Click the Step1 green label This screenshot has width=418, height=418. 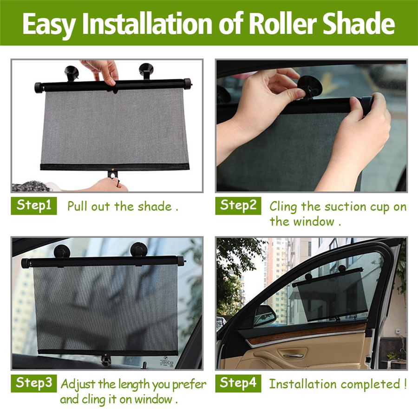click(34, 206)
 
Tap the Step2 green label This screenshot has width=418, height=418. click(238, 206)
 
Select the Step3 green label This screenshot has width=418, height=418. click(34, 383)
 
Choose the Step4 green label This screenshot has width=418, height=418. click(238, 383)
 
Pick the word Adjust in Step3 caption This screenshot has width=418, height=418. click(78, 385)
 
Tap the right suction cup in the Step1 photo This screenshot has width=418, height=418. click(146, 71)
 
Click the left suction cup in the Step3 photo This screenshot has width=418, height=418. click(62, 251)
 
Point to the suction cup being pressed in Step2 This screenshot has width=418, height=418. click(311, 86)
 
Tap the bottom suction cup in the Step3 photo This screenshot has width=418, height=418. click(106, 360)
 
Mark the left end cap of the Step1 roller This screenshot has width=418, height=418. click(39, 88)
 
